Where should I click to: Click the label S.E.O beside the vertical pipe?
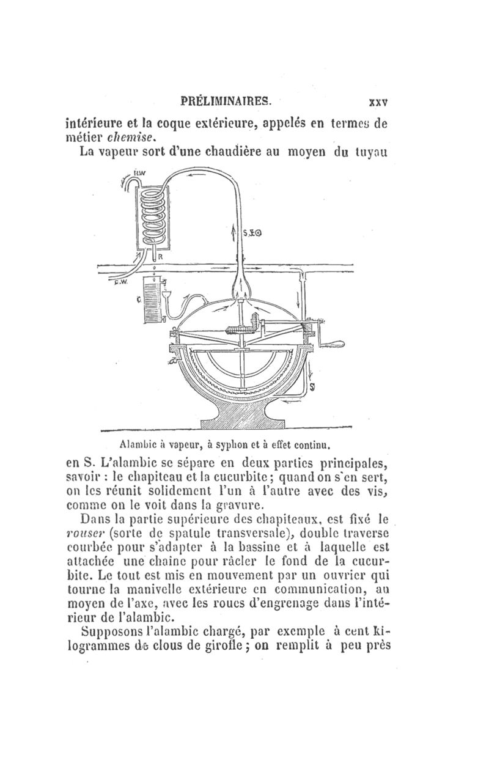pos(252,232)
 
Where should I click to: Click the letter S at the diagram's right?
pos(312,388)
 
